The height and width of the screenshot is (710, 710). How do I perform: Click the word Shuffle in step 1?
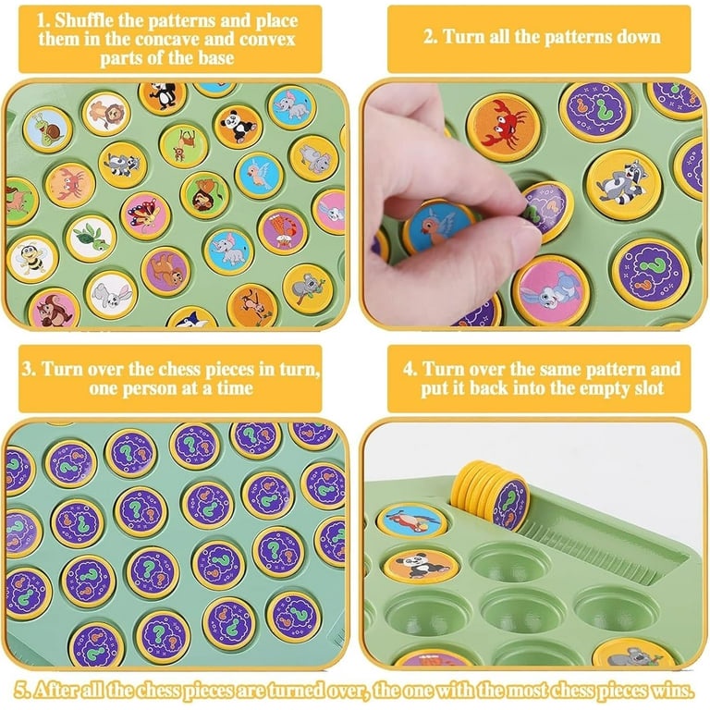84,21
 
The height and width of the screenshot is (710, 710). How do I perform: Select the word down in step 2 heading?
637,37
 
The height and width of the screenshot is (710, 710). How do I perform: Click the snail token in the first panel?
47,129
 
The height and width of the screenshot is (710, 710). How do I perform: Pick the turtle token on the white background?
91,239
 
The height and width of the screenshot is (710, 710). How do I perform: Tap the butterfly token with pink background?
145,215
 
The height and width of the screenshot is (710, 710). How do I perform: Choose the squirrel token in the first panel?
55,309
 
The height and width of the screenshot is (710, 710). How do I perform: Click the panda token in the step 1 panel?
238,127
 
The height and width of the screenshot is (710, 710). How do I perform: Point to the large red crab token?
503,124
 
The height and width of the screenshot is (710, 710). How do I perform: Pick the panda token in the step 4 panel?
421,565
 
